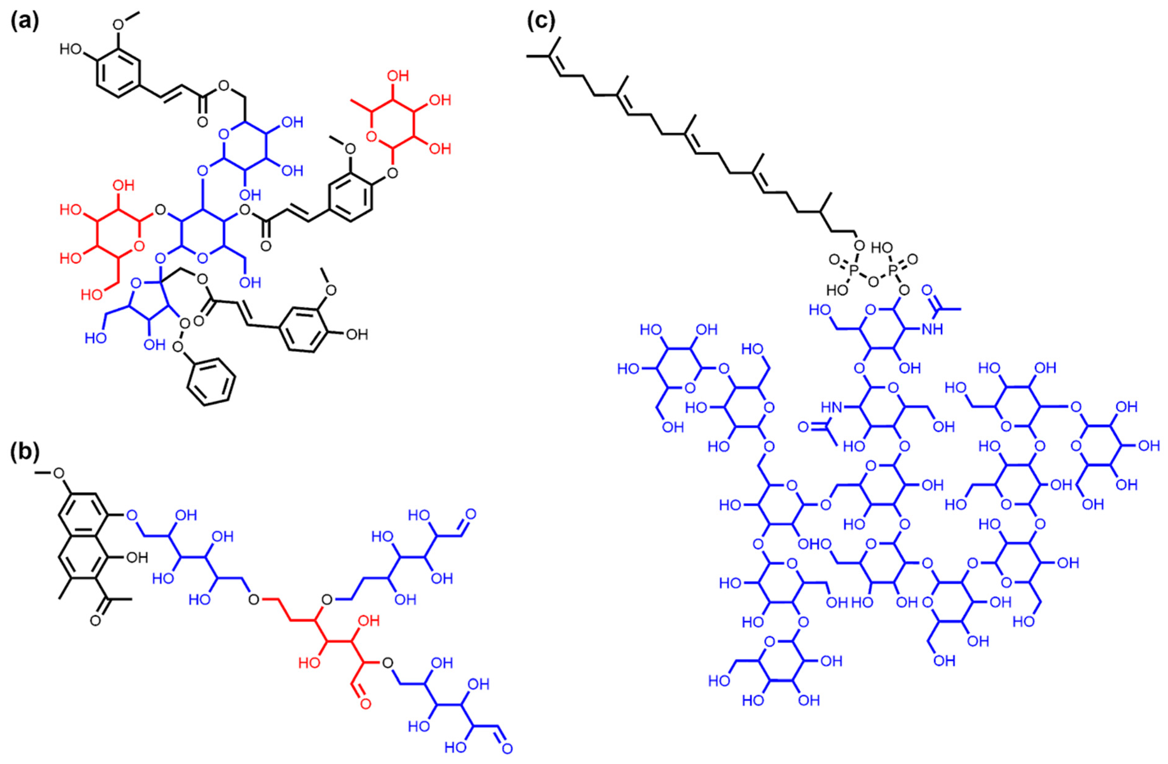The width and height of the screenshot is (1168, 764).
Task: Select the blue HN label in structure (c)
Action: click(x=833, y=407)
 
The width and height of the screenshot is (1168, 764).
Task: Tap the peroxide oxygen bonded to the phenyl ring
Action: click(x=178, y=348)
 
